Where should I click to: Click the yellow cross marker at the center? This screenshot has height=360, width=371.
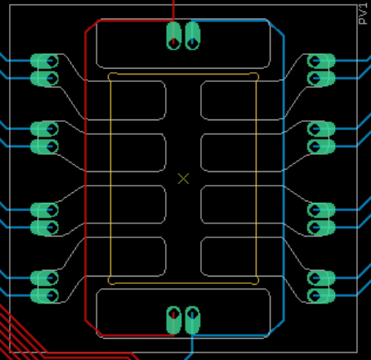183,179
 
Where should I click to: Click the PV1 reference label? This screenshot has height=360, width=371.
364,14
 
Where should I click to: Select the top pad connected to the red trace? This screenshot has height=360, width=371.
173,36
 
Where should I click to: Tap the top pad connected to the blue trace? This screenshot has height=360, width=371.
193,36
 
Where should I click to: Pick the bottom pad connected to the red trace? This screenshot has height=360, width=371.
173,320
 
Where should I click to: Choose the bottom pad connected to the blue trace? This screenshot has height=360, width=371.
193,320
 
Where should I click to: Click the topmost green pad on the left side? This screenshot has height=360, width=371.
44,61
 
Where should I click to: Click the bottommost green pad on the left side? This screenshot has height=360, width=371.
44,295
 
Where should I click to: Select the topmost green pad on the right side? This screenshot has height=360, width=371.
321,61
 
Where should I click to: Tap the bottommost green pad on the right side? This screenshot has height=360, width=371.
321,295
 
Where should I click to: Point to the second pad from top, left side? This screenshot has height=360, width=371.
44,79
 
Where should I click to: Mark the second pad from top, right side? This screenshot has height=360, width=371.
321,79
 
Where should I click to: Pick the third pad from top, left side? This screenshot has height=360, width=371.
44,128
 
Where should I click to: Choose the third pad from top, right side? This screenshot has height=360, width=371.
321,128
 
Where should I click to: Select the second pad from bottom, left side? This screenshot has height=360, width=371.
44,278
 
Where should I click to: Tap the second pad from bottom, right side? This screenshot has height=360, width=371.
321,278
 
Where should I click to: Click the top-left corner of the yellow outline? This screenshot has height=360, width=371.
110,74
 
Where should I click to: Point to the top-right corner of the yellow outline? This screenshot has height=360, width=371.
257,74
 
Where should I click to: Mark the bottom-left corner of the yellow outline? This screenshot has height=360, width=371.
110,283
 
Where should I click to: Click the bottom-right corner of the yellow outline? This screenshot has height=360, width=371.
257,283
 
